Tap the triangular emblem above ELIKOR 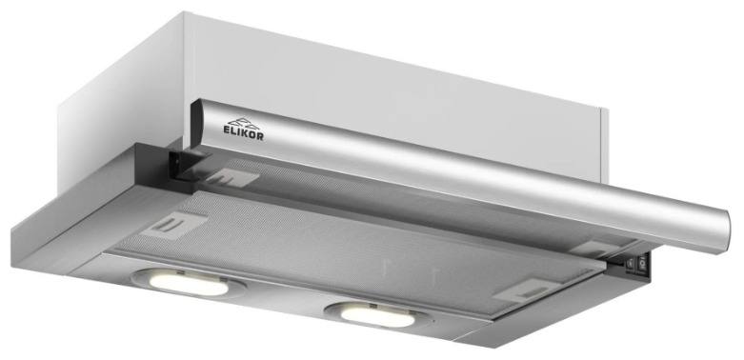click(244, 122)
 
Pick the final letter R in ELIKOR click(259, 136)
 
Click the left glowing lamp click(188, 283)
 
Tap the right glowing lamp click(377, 316)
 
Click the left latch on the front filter click(174, 225)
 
